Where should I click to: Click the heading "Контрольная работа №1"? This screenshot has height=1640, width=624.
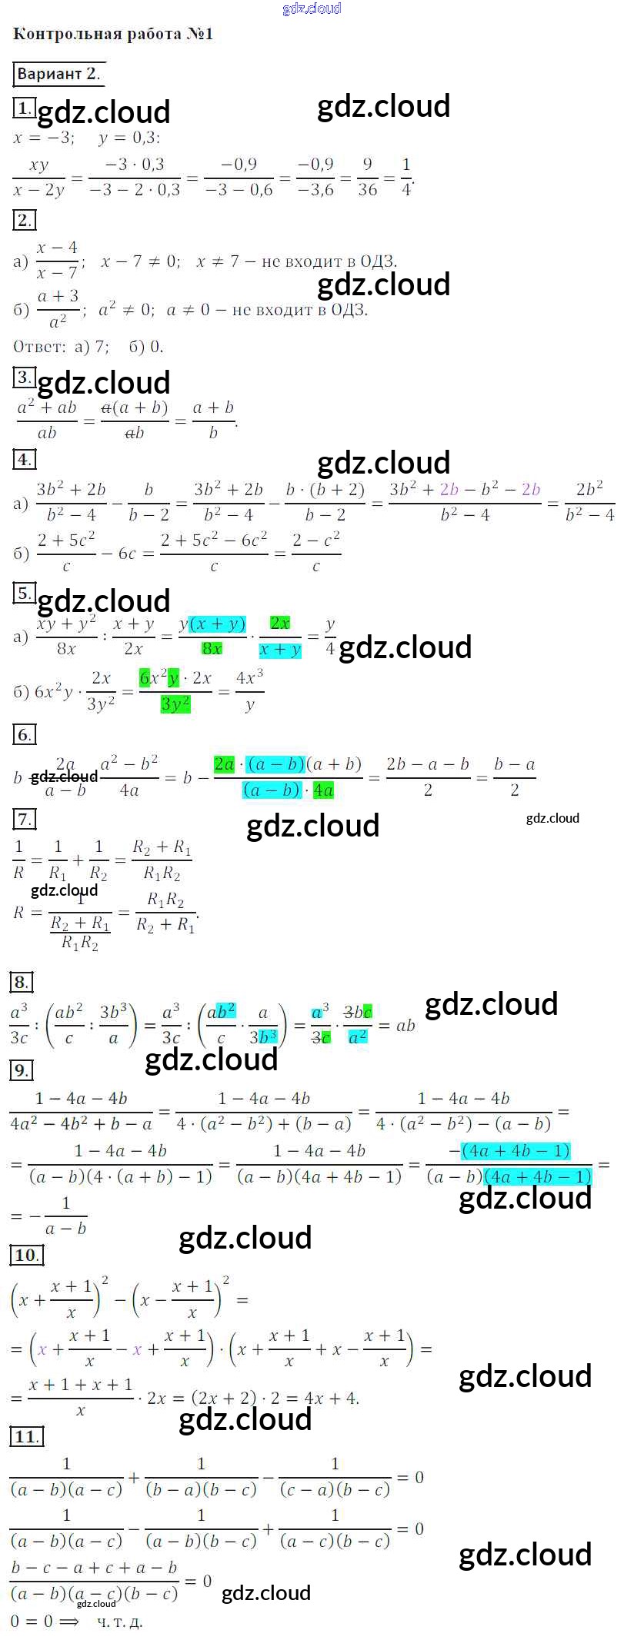coord(113,35)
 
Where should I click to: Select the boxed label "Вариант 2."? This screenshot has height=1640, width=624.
coord(58,74)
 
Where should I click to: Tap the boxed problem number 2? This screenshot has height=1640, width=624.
coord(24,221)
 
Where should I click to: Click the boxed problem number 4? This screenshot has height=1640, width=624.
coord(24,460)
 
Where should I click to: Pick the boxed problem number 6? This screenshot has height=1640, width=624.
coord(24,735)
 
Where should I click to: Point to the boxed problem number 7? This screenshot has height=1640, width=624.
coord(24,820)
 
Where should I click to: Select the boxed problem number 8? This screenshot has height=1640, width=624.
coord(21,982)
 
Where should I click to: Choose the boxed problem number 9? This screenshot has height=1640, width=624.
coord(21,1069)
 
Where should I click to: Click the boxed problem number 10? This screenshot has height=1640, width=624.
coord(25,1256)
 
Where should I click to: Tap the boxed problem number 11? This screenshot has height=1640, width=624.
coord(25,1437)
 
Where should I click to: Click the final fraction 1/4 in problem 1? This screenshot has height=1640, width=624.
coord(406,176)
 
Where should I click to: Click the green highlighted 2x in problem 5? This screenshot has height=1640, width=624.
coord(279,623)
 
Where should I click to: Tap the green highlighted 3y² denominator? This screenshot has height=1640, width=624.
coord(175,704)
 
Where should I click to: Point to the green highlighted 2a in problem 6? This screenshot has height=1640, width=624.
coord(224,763)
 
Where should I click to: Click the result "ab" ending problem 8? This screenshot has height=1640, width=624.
coord(405,1025)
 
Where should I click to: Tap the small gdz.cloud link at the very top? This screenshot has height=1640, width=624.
coord(312,8)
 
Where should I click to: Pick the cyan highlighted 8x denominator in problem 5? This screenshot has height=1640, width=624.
coord(212,649)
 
